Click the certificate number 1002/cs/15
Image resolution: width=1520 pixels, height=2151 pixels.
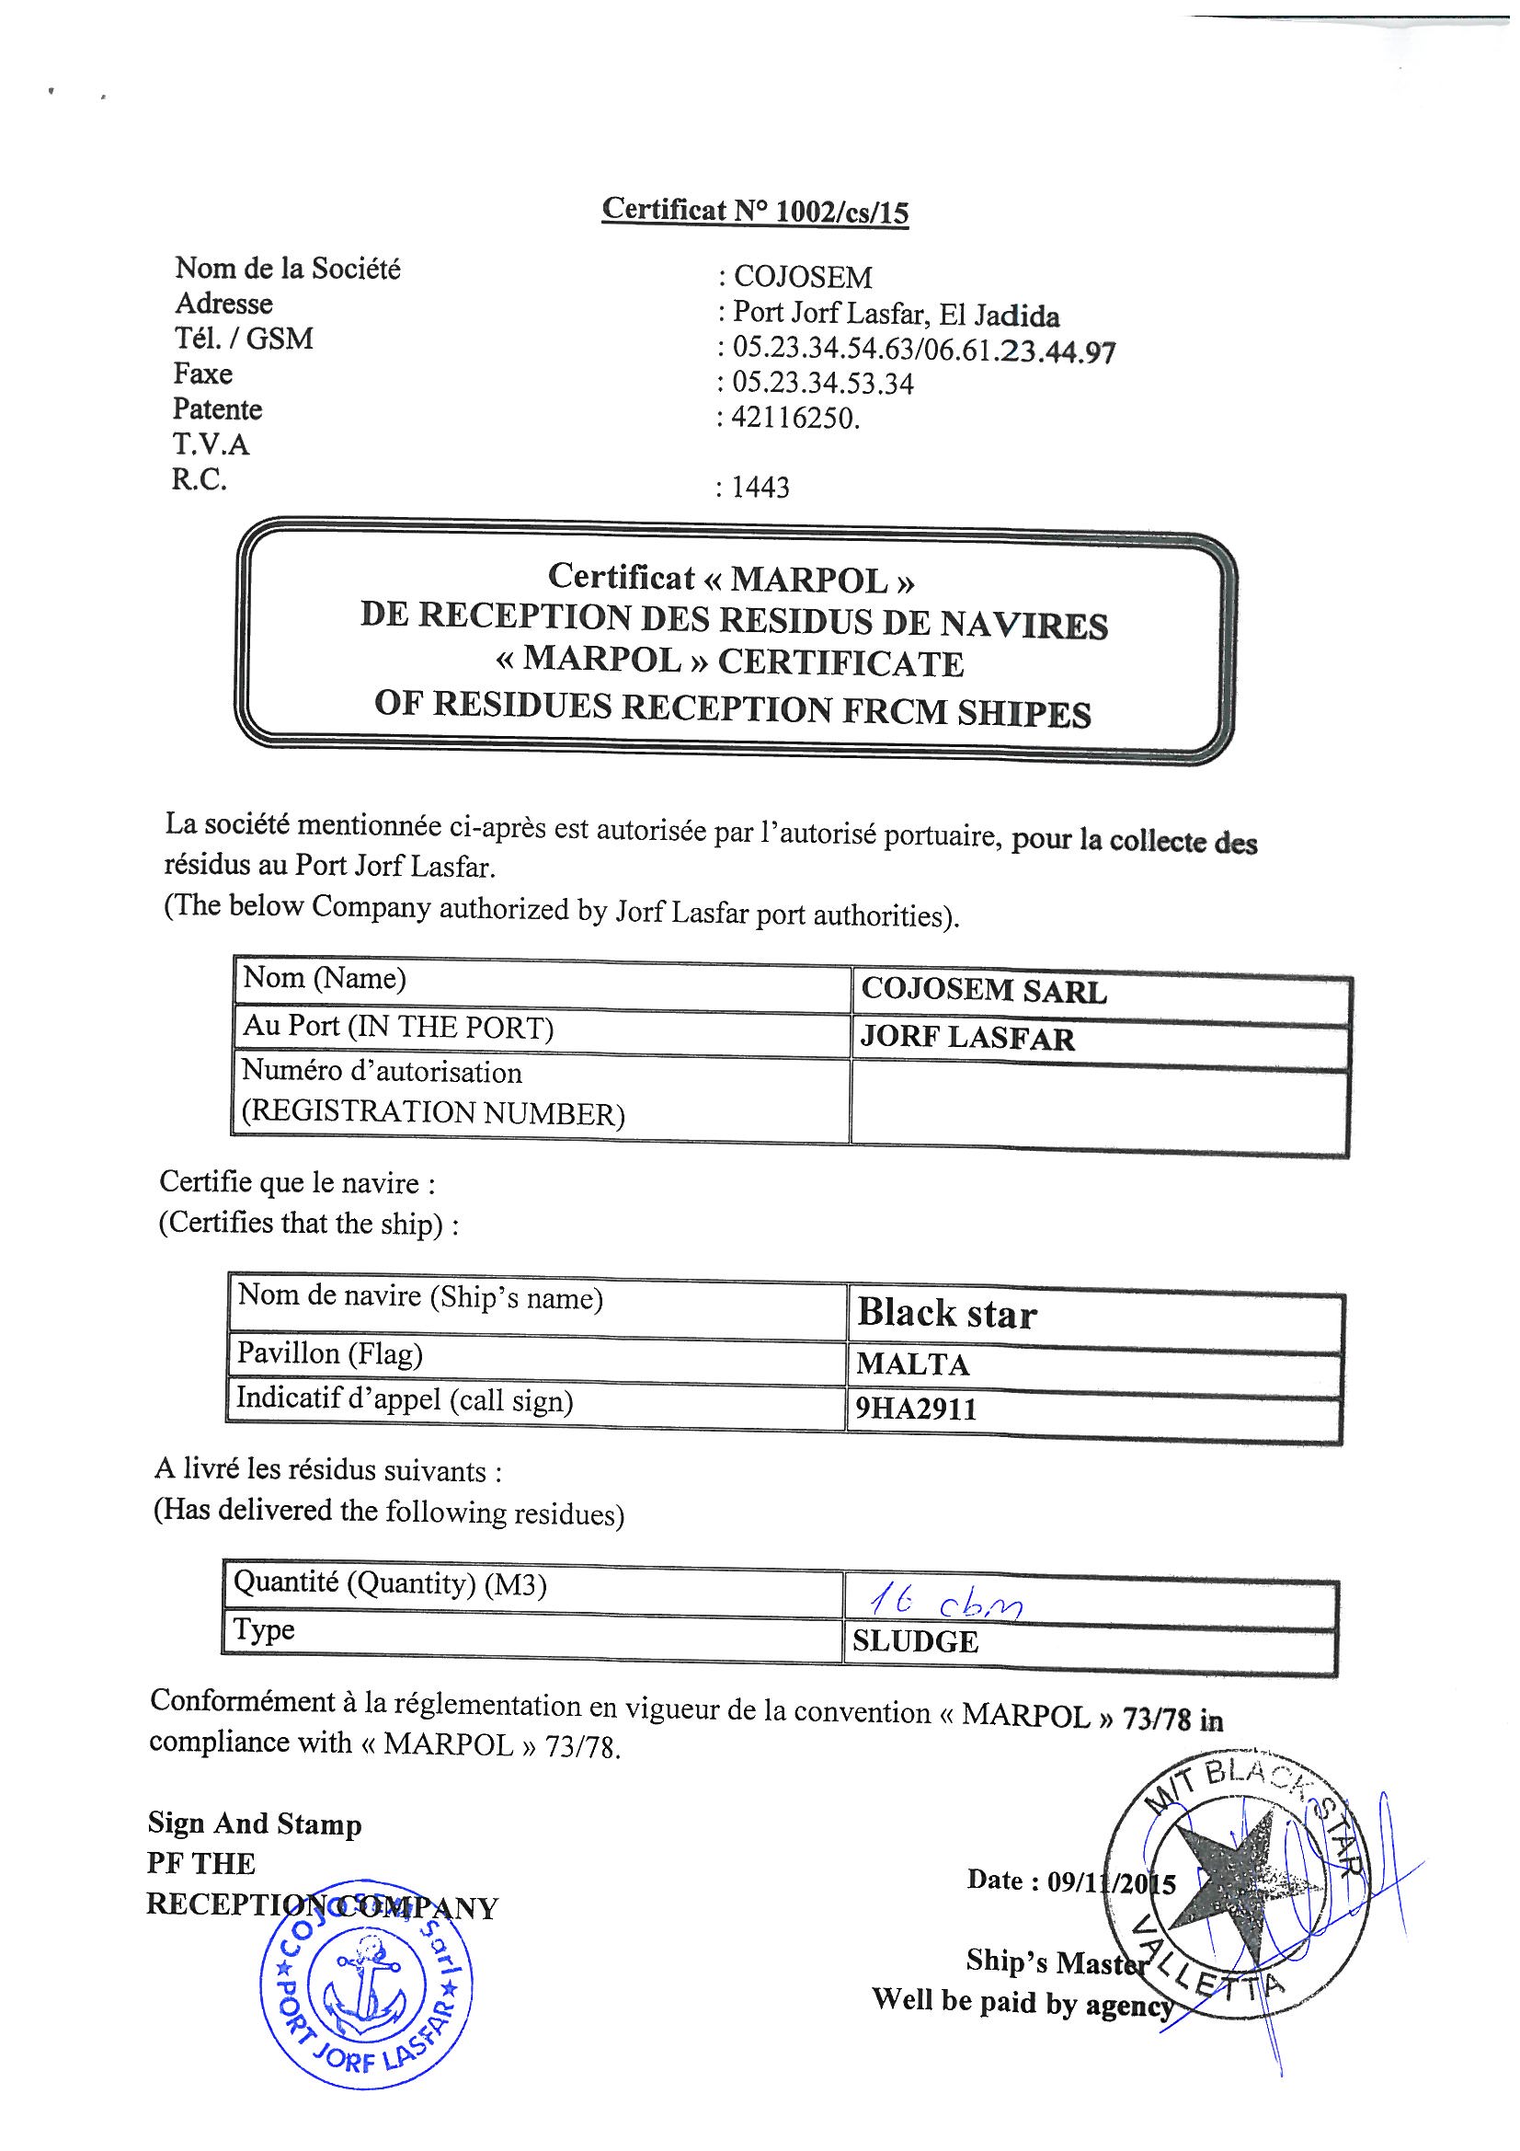tap(842, 212)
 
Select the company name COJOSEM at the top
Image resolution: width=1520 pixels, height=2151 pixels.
tap(802, 276)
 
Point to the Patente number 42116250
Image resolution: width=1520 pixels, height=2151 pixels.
tap(795, 418)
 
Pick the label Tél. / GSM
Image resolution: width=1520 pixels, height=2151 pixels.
tap(244, 339)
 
